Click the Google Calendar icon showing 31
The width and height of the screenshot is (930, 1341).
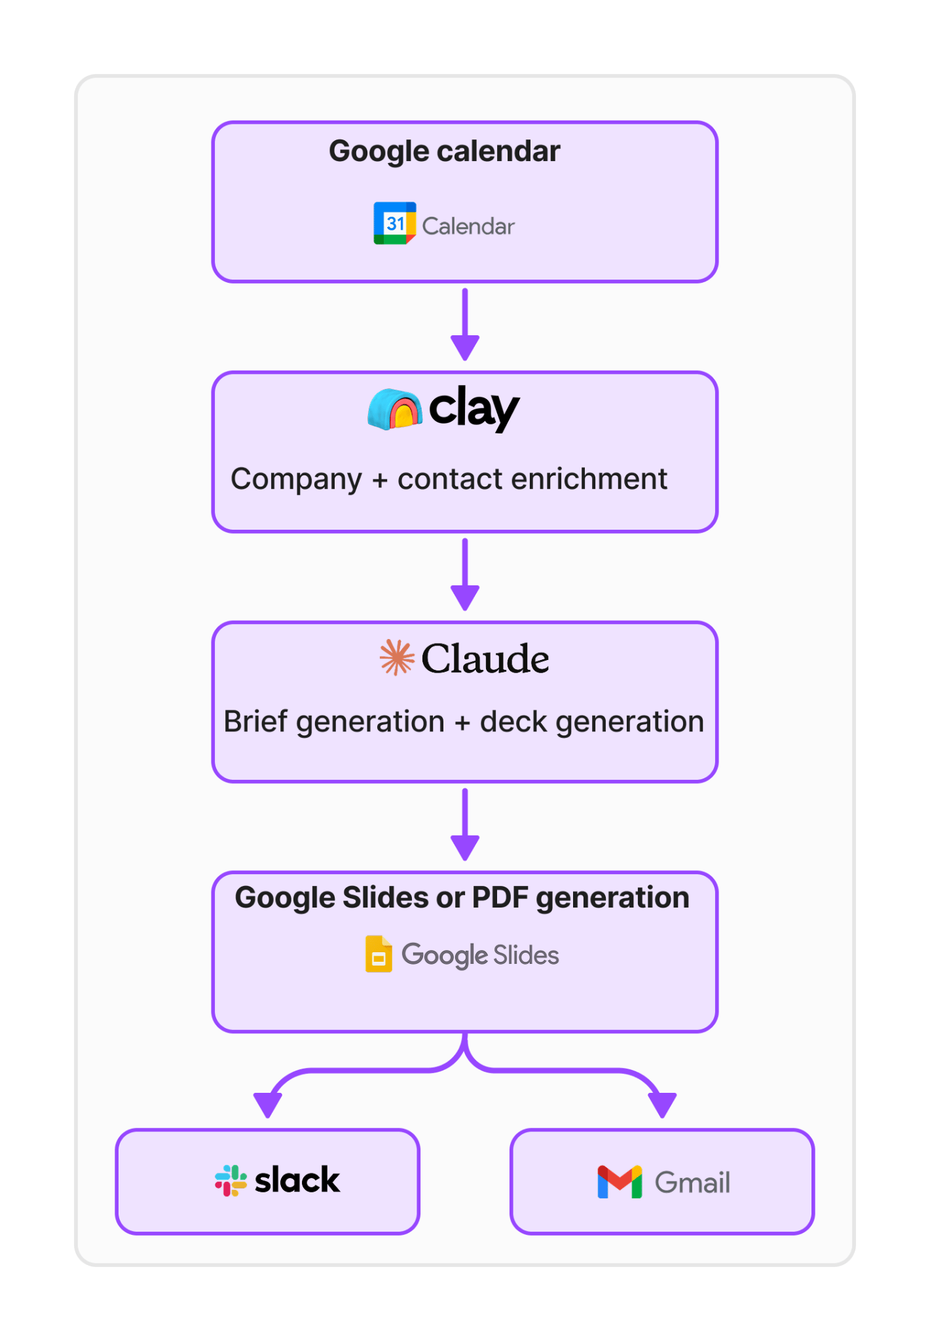point(394,223)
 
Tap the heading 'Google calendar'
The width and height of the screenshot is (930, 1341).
point(445,152)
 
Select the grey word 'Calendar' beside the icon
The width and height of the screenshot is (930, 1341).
point(468,227)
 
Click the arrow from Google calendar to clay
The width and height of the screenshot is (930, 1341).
point(465,324)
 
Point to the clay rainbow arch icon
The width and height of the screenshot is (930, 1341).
point(394,409)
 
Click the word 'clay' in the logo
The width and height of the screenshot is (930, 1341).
point(474,409)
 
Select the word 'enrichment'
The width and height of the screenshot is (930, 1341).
point(589,479)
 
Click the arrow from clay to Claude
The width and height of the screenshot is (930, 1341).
point(465,574)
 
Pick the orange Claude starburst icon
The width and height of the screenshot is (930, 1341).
point(397,657)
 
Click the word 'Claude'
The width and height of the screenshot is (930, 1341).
point(485,659)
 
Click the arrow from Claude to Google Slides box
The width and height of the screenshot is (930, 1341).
point(465,824)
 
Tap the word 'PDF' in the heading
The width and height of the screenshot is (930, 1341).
point(500,898)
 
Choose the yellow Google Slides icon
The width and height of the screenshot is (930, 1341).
point(379,954)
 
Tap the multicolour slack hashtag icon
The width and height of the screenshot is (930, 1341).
point(231,1181)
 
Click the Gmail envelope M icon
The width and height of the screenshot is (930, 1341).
point(620,1183)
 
